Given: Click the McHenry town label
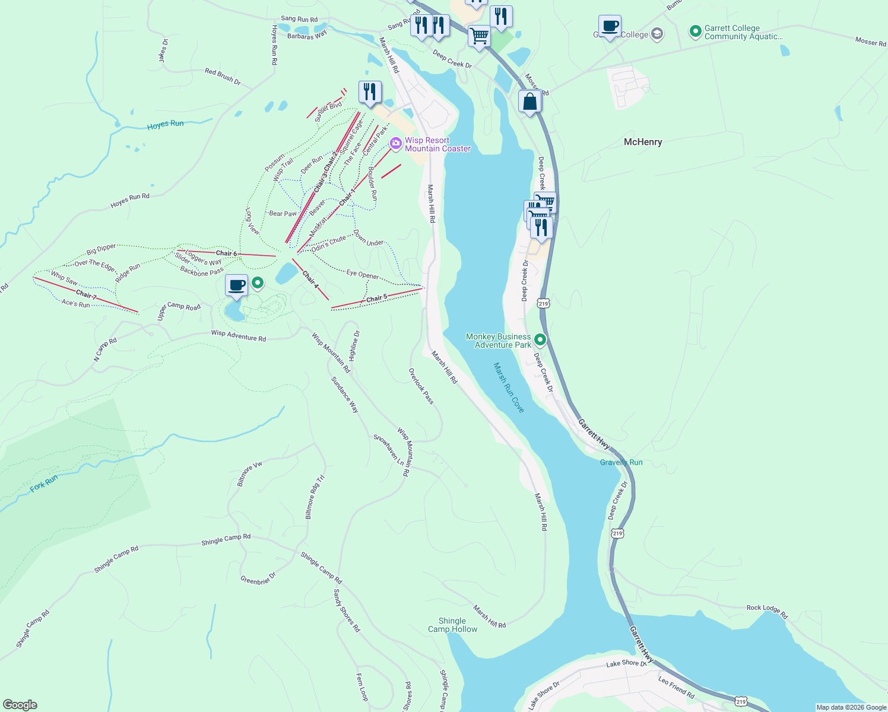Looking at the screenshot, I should click(643, 142).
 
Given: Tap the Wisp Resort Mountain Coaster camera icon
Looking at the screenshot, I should click(396, 144).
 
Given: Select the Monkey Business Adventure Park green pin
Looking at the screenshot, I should click(540, 340).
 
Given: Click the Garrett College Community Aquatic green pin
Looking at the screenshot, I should click(696, 31).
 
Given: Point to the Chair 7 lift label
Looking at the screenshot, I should click(86, 294).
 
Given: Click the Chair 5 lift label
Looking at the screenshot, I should click(376, 298).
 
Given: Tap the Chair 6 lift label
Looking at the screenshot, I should click(226, 253).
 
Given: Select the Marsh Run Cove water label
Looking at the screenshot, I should click(509, 387).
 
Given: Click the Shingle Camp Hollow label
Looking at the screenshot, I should click(452, 625).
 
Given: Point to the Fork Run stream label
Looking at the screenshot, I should click(45, 484).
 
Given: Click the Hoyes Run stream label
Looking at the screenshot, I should click(166, 125).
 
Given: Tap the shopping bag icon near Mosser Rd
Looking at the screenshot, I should click(529, 101).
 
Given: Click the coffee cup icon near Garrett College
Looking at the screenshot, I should click(610, 27).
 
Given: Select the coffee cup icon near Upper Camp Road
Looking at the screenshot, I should click(236, 285).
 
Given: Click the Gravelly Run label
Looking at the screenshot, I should click(621, 462).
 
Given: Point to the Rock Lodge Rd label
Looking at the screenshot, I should click(767, 612).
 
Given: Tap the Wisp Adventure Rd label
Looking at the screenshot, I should click(239, 336).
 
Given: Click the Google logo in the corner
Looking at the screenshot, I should click(20, 705).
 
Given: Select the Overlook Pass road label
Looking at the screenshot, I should click(421, 386).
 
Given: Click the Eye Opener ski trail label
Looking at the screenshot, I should click(363, 274).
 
